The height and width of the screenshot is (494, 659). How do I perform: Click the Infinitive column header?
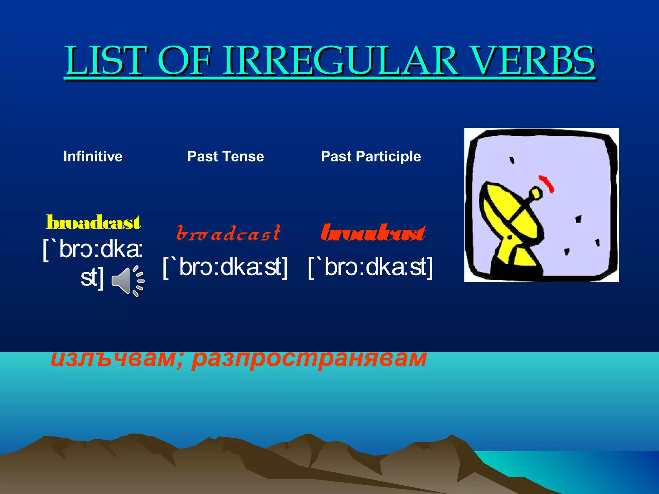coord(93,156)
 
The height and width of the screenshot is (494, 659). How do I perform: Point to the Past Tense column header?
coord(226,156)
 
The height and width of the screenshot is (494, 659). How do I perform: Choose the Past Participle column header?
coord(371,156)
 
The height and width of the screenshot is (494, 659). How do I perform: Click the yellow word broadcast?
coord(93,223)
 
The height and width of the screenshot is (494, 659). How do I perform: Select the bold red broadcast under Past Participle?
coord(373,233)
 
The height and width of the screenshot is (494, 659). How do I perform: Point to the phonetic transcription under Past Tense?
coord(225,267)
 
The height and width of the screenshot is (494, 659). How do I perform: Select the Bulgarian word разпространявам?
coord(309,359)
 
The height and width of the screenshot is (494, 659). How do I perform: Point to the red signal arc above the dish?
coord(547,183)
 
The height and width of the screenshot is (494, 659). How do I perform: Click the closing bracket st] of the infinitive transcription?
coord(92,277)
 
